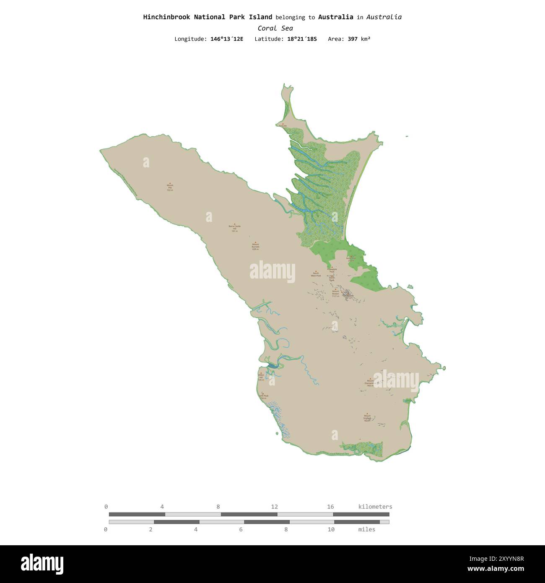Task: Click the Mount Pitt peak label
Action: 170,187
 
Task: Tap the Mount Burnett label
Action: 255,246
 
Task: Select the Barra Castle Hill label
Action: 235,228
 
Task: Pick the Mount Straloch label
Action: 367,418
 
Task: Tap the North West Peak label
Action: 316,275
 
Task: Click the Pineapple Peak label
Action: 332,270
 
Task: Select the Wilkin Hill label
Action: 261,377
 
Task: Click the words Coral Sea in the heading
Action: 275,28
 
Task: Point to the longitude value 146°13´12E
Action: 226,39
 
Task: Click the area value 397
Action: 353,39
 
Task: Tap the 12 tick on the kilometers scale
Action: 274,507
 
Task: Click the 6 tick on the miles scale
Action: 241,529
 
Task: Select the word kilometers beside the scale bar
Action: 375,507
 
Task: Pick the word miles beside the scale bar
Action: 366,529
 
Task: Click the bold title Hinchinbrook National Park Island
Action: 208,17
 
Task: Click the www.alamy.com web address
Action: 496,569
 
